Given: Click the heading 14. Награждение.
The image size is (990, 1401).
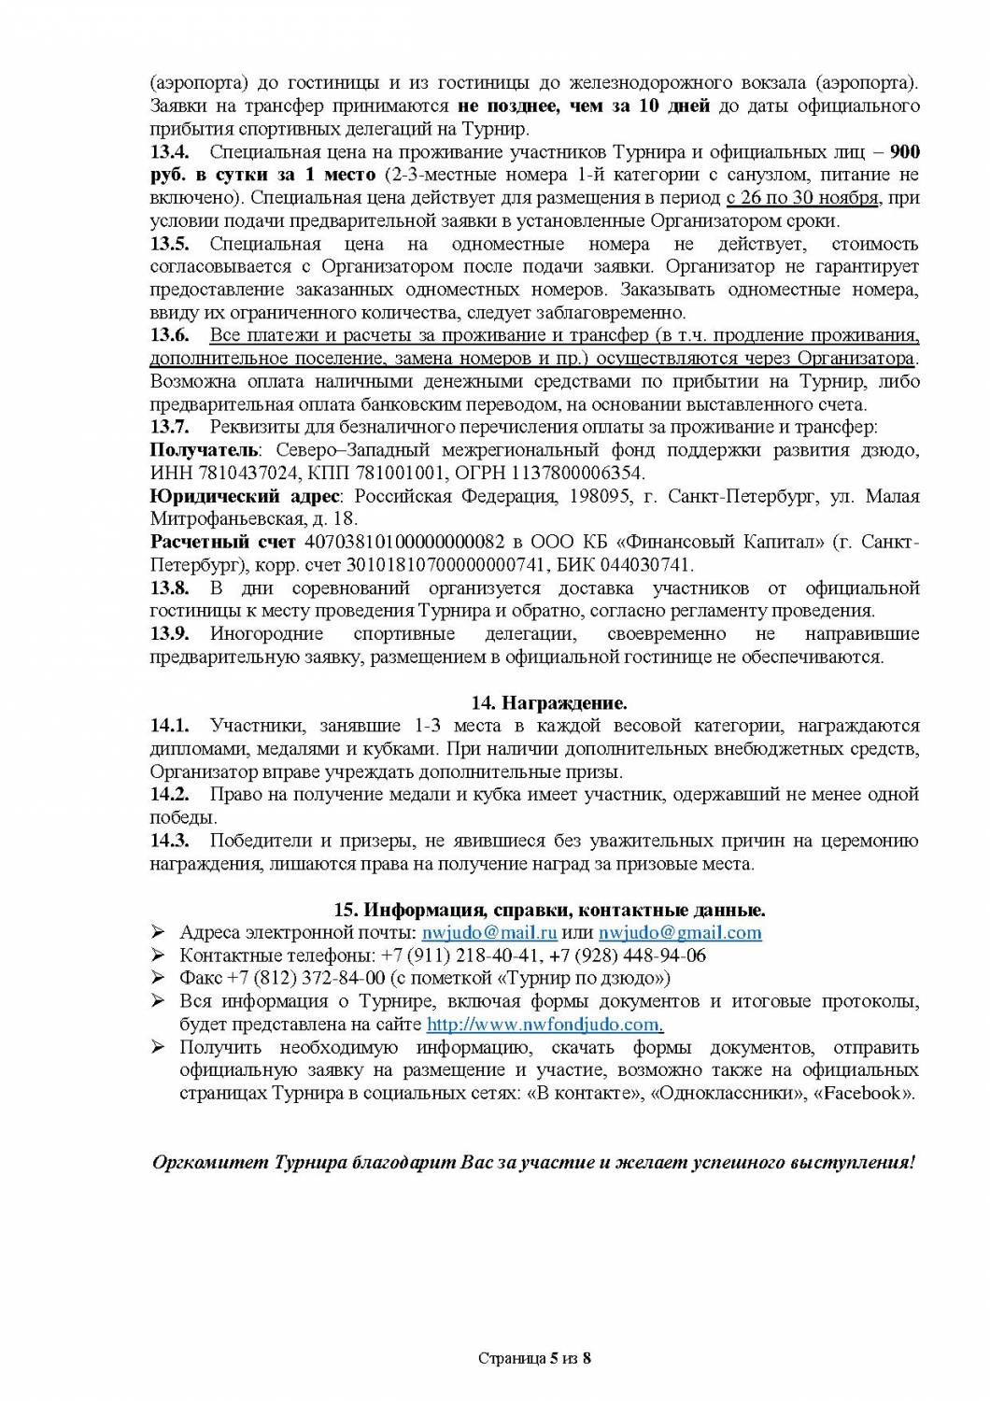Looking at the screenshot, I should pyautogui.click(x=535, y=702).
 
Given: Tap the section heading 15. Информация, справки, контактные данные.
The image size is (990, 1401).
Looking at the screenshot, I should pyautogui.click(x=549, y=909).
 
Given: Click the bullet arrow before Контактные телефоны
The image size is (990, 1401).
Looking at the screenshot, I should pyautogui.click(x=159, y=955).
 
